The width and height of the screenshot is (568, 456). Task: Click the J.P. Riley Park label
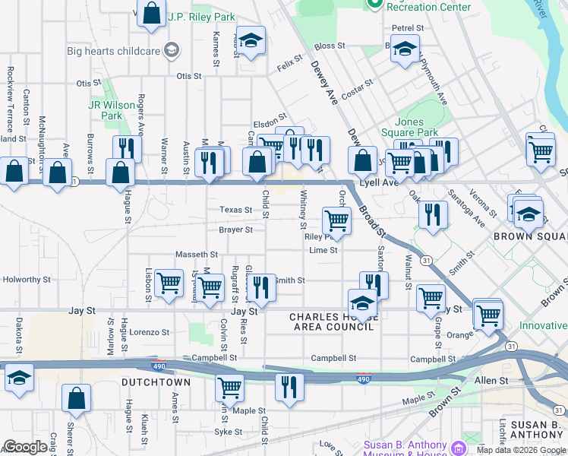pos(201,17)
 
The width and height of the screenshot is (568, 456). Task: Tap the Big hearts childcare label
pos(114,52)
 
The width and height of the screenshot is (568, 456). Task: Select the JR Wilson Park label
pos(106,110)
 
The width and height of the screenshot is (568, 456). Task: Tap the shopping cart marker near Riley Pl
pos(336,220)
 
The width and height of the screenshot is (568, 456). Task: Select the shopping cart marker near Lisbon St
pos(169,283)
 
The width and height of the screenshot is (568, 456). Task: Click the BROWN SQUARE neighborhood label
pos(530,236)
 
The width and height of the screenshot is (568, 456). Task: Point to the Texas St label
pos(236,210)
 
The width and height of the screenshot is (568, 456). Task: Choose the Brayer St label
pos(235,230)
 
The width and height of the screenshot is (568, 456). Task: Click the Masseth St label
pos(197,255)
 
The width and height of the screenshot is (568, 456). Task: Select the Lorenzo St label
pos(149,332)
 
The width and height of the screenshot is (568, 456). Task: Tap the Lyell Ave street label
pos(379,183)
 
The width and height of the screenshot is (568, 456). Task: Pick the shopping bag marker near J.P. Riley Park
pos(151,14)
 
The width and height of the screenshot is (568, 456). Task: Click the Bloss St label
pos(330,46)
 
